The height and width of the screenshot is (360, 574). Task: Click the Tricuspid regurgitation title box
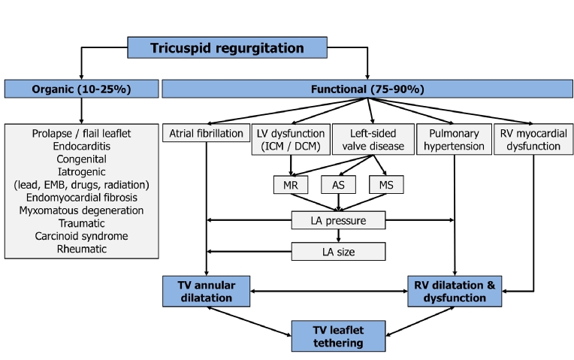(x=227, y=48)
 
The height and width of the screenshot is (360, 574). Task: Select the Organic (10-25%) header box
(x=81, y=89)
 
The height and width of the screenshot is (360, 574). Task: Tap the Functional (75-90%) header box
(x=367, y=89)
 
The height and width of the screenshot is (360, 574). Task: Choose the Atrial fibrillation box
(x=205, y=134)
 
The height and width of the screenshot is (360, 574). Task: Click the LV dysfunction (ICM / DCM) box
(x=290, y=140)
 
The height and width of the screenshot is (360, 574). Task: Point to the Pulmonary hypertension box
(x=453, y=140)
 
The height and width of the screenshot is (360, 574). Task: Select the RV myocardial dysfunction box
(x=533, y=140)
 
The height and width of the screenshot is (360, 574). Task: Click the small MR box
(x=289, y=184)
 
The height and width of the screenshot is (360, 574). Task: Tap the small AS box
(x=338, y=184)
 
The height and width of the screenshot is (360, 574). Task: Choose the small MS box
(x=387, y=184)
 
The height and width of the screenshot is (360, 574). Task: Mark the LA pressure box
(x=339, y=220)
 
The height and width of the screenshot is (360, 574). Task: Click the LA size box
(x=339, y=251)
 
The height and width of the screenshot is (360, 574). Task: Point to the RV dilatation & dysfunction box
(x=455, y=292)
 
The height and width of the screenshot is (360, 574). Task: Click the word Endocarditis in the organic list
(x=81, y=147)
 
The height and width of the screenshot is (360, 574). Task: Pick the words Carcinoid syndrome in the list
(x=81, y=236)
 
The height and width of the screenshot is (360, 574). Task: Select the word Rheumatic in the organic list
(x=81, y=249)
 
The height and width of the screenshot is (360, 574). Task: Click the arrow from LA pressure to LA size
(x=339, y=236)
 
